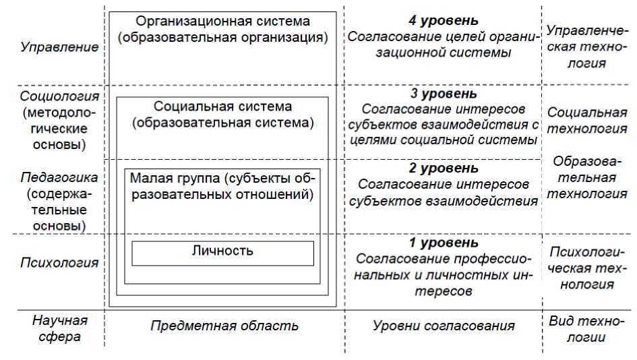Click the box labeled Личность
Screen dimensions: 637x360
pos(222,251)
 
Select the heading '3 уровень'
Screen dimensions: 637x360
pos(444,94)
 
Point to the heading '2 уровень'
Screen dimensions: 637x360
pos(444,168)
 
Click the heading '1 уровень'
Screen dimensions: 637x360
pos(444,243)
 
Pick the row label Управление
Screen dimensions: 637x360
pos(59,47)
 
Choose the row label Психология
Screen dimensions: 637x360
pos(59,262)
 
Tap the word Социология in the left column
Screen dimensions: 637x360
pos(59,96)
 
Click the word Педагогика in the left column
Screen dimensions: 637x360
pos(59,177)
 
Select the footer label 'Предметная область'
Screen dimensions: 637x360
pos(224,326)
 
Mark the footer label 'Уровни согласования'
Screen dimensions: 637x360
pos(444,326)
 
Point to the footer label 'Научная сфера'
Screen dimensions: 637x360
pos(59,328)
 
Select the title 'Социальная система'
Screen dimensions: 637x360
pos(223,107)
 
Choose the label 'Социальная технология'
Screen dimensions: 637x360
pos(586,120)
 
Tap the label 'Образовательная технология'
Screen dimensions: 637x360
pos(586,177)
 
